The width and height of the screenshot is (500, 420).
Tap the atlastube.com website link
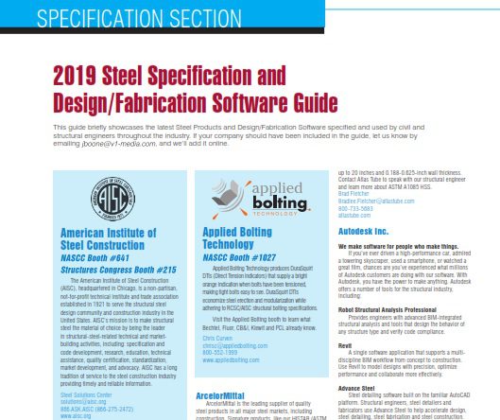[357, 216]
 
